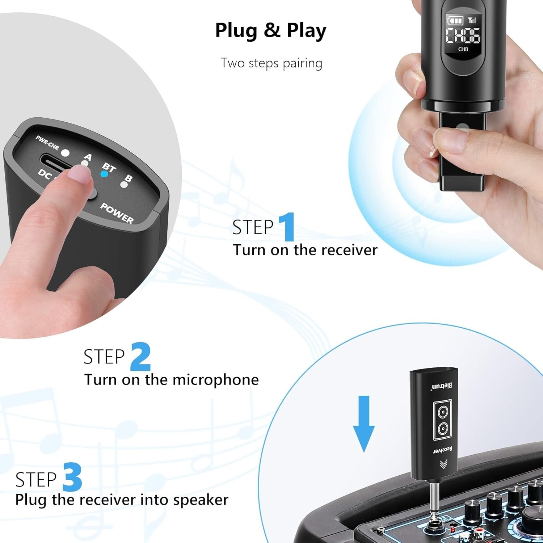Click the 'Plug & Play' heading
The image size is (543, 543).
tap(270, 30)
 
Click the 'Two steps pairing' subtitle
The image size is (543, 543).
tap(271, 63)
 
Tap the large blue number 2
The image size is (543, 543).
tap(140, 357)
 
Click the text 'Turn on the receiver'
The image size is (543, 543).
tap(305, 250)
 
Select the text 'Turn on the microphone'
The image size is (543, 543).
tap(172, 380)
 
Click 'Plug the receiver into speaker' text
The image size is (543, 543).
tap(122, 500)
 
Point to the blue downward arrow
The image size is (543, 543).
tap(363, 424)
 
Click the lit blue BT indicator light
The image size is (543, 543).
tap(104, 174)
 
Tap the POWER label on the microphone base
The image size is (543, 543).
tap(117, 213)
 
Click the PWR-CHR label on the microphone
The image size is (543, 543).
tap(47, 143)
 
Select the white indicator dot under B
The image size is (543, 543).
tap(124, 185)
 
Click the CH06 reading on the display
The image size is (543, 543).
tap(463, 35)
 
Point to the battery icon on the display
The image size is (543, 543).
tap(454, 20)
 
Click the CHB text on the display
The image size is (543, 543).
tap(463, 49)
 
